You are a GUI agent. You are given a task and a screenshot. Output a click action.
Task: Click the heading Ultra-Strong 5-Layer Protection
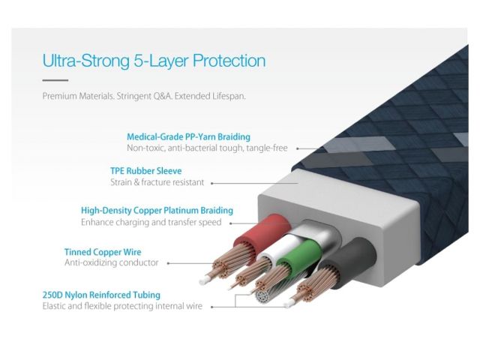(154, 61)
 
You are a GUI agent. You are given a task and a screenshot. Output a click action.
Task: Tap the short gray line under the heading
(55, 80)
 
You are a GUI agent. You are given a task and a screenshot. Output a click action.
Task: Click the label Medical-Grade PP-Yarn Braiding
(188, 137)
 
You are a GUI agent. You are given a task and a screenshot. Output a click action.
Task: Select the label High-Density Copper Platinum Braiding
(157, 211)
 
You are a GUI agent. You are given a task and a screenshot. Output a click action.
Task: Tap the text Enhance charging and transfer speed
(151, 223)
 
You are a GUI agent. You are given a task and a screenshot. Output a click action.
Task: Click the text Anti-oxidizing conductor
(112, 263)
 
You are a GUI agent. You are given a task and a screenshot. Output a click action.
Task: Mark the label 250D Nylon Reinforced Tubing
(112, 295)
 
